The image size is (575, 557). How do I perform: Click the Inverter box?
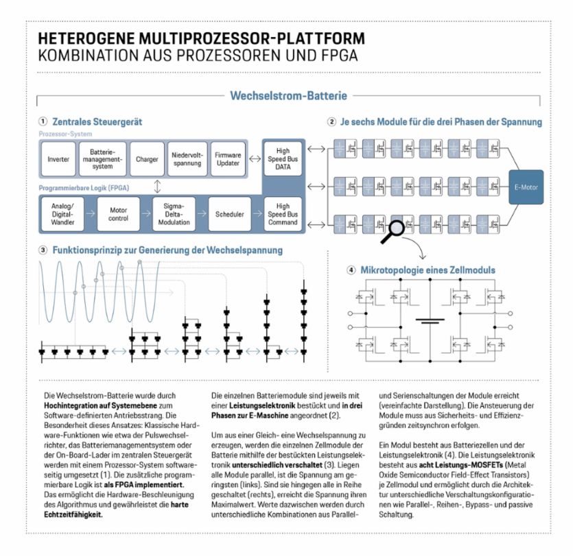click(58, 159)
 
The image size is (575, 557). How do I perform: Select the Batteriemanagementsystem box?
click(102, 159)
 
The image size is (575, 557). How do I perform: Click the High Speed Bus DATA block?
click(283, 159)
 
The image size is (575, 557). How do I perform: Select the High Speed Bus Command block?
click(283, 213)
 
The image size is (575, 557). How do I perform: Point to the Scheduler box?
click(229, 214)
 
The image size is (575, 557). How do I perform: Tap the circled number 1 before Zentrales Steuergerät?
click(43, 121)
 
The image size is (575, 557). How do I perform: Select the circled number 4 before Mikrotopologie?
click(351, 270)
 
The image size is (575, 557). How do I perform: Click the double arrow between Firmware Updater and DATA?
click(254, 159)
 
